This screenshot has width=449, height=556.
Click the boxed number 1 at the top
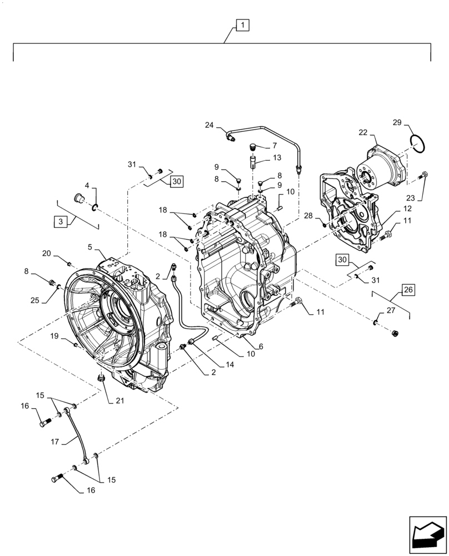pyautogui.click(x=242, y=25)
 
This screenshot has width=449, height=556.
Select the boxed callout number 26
pyautogui.click(x=408, y=290)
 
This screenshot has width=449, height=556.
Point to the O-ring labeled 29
pyautogui.click(x=418, y=143)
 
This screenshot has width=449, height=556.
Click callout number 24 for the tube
pyautogui.click(x=209, y=125)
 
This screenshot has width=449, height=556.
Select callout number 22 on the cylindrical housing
pyautogui.click(x=363, y=132)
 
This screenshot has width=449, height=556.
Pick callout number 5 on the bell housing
pyautogui.click(x=91, y=247)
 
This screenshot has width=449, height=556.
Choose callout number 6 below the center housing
pyautogui.click(x=261, y=346)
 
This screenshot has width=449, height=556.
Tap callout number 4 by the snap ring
pyautogui.click(x=87, y=185)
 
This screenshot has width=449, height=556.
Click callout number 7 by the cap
pyautogui.click(x=274, y=146)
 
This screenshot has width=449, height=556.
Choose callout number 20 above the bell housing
pyautogui.click(x=47, y=253)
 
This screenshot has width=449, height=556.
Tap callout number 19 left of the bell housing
pyautogui.click(x=54, y=336)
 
